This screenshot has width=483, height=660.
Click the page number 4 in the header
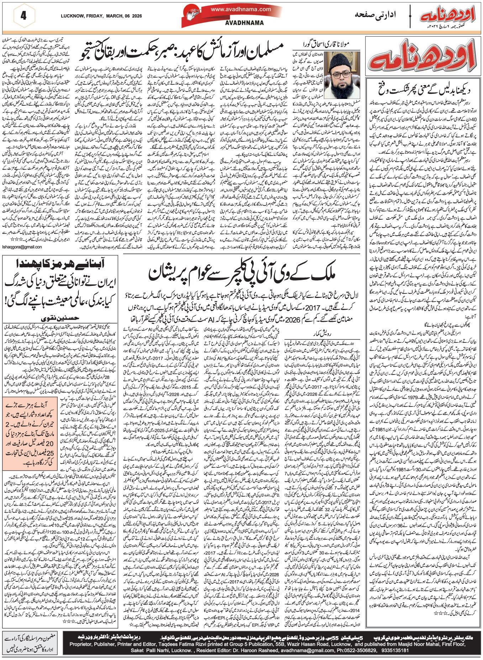24,16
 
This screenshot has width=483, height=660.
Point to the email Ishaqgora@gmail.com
22,247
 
